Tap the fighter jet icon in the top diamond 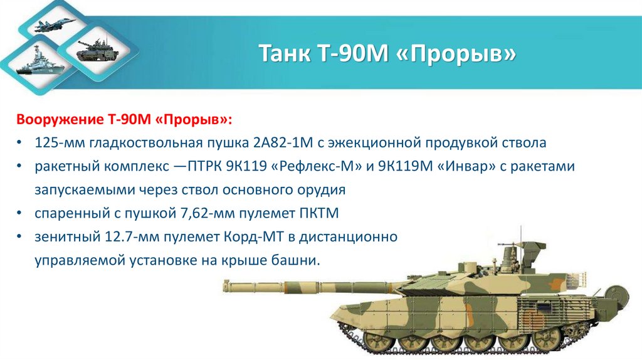click(x=55, y=26)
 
